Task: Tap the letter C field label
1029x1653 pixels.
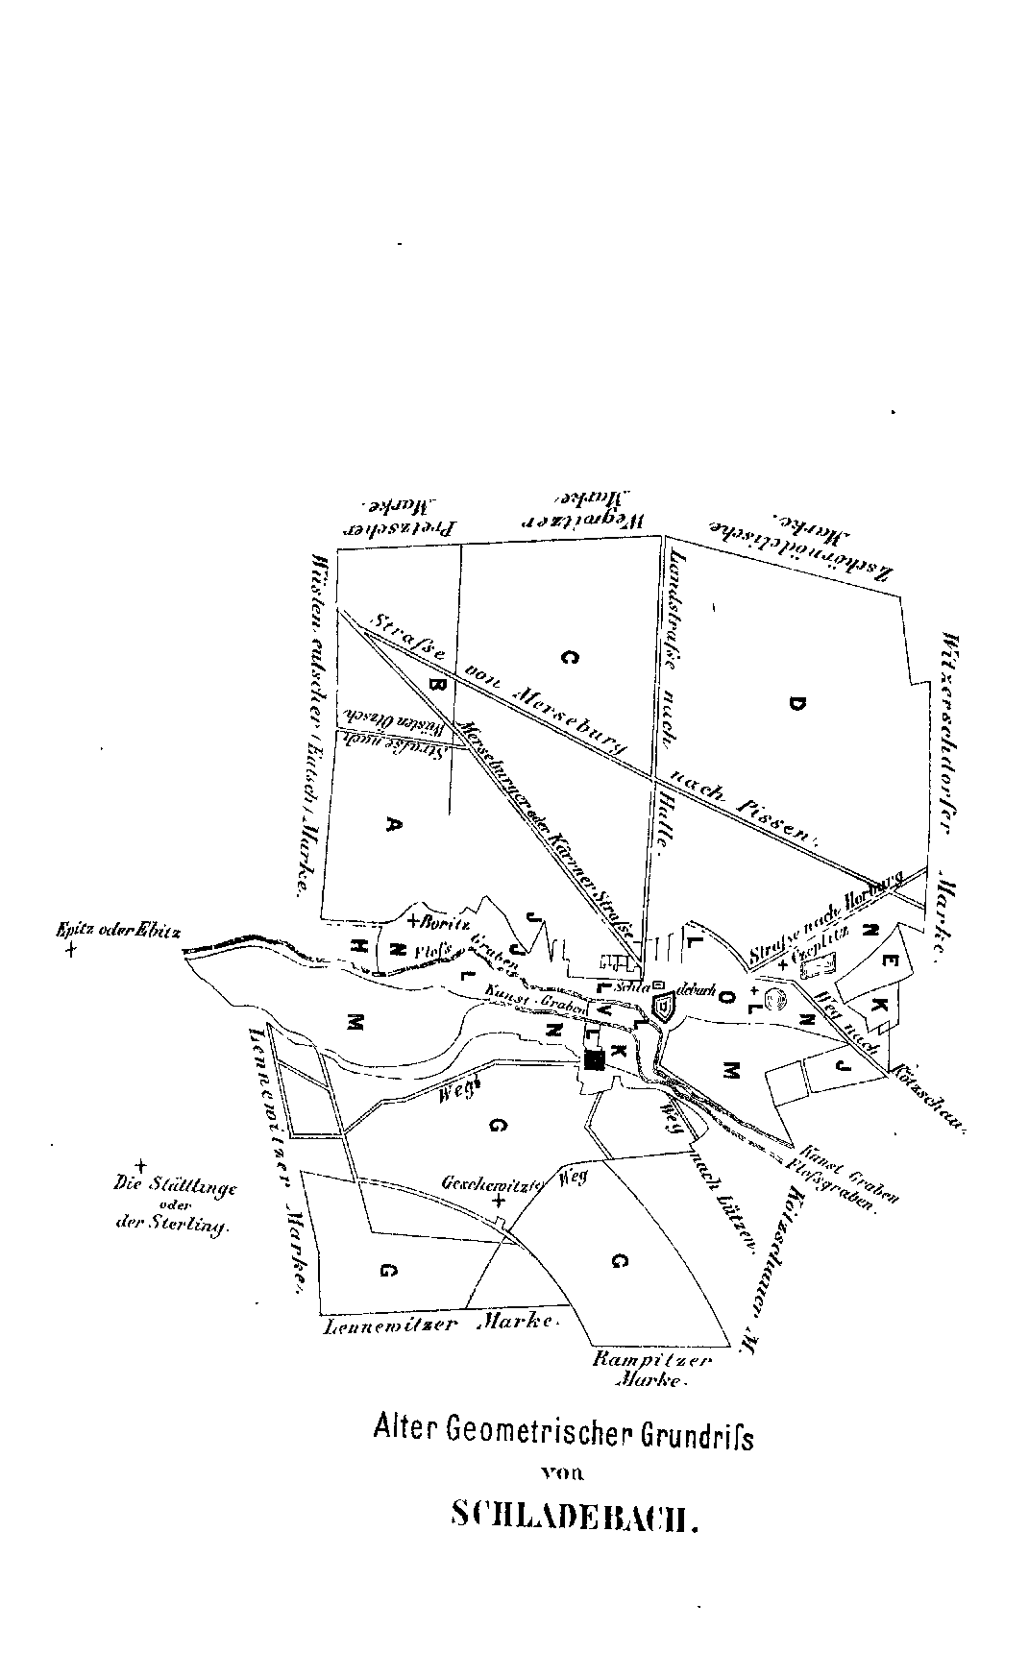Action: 570,657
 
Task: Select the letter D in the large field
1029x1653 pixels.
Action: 794,704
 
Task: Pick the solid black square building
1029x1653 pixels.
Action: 594,1059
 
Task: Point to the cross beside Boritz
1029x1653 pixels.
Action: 412,922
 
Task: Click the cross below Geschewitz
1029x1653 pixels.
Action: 498,1202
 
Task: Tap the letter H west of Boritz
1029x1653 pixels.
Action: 360,945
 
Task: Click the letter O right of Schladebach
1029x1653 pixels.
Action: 726,999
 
